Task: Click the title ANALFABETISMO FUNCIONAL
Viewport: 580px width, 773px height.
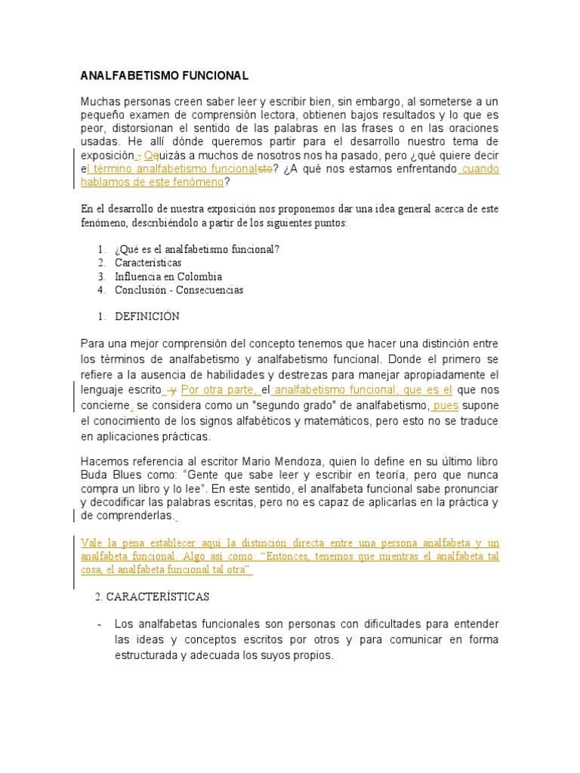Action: [x=164, y=76]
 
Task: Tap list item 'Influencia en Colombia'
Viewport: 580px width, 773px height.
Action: [x=168, y=276]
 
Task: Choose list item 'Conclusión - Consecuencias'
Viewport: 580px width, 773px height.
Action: [x=179, y=290]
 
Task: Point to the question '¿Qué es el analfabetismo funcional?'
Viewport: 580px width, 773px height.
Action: [x=197, y=250]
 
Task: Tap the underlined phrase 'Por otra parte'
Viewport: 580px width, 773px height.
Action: [x=220, y=390]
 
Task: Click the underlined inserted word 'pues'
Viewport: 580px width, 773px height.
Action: [x=446, y=406]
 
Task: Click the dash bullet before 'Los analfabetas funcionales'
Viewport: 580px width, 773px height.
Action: [x=100, y=624]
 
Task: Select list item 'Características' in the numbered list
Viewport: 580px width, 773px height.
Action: [x=148, y=263]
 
